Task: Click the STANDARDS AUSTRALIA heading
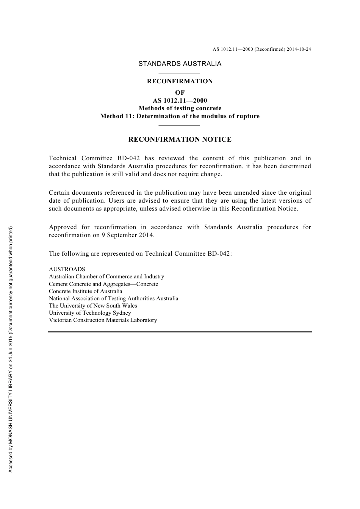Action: [x=180, y=64]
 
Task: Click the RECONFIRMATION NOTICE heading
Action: [x=180, y=139]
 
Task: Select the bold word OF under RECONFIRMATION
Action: [x=180, y=92]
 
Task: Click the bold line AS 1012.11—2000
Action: [x=180, y=100]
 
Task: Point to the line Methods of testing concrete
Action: [x=180, y=108]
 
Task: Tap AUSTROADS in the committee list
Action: [x=67, y=269]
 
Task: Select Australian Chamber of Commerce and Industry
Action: [x=106, y=276]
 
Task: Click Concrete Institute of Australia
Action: [x=86, y=291]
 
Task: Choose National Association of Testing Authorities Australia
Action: [x=113, y=298]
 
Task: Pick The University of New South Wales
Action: [x=93, y=306]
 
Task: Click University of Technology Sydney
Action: [x=90, y=313]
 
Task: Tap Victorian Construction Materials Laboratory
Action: [x=103, y=320]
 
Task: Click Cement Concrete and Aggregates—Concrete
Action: [x=103, y=284]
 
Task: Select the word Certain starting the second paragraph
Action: [x=59, y=192]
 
